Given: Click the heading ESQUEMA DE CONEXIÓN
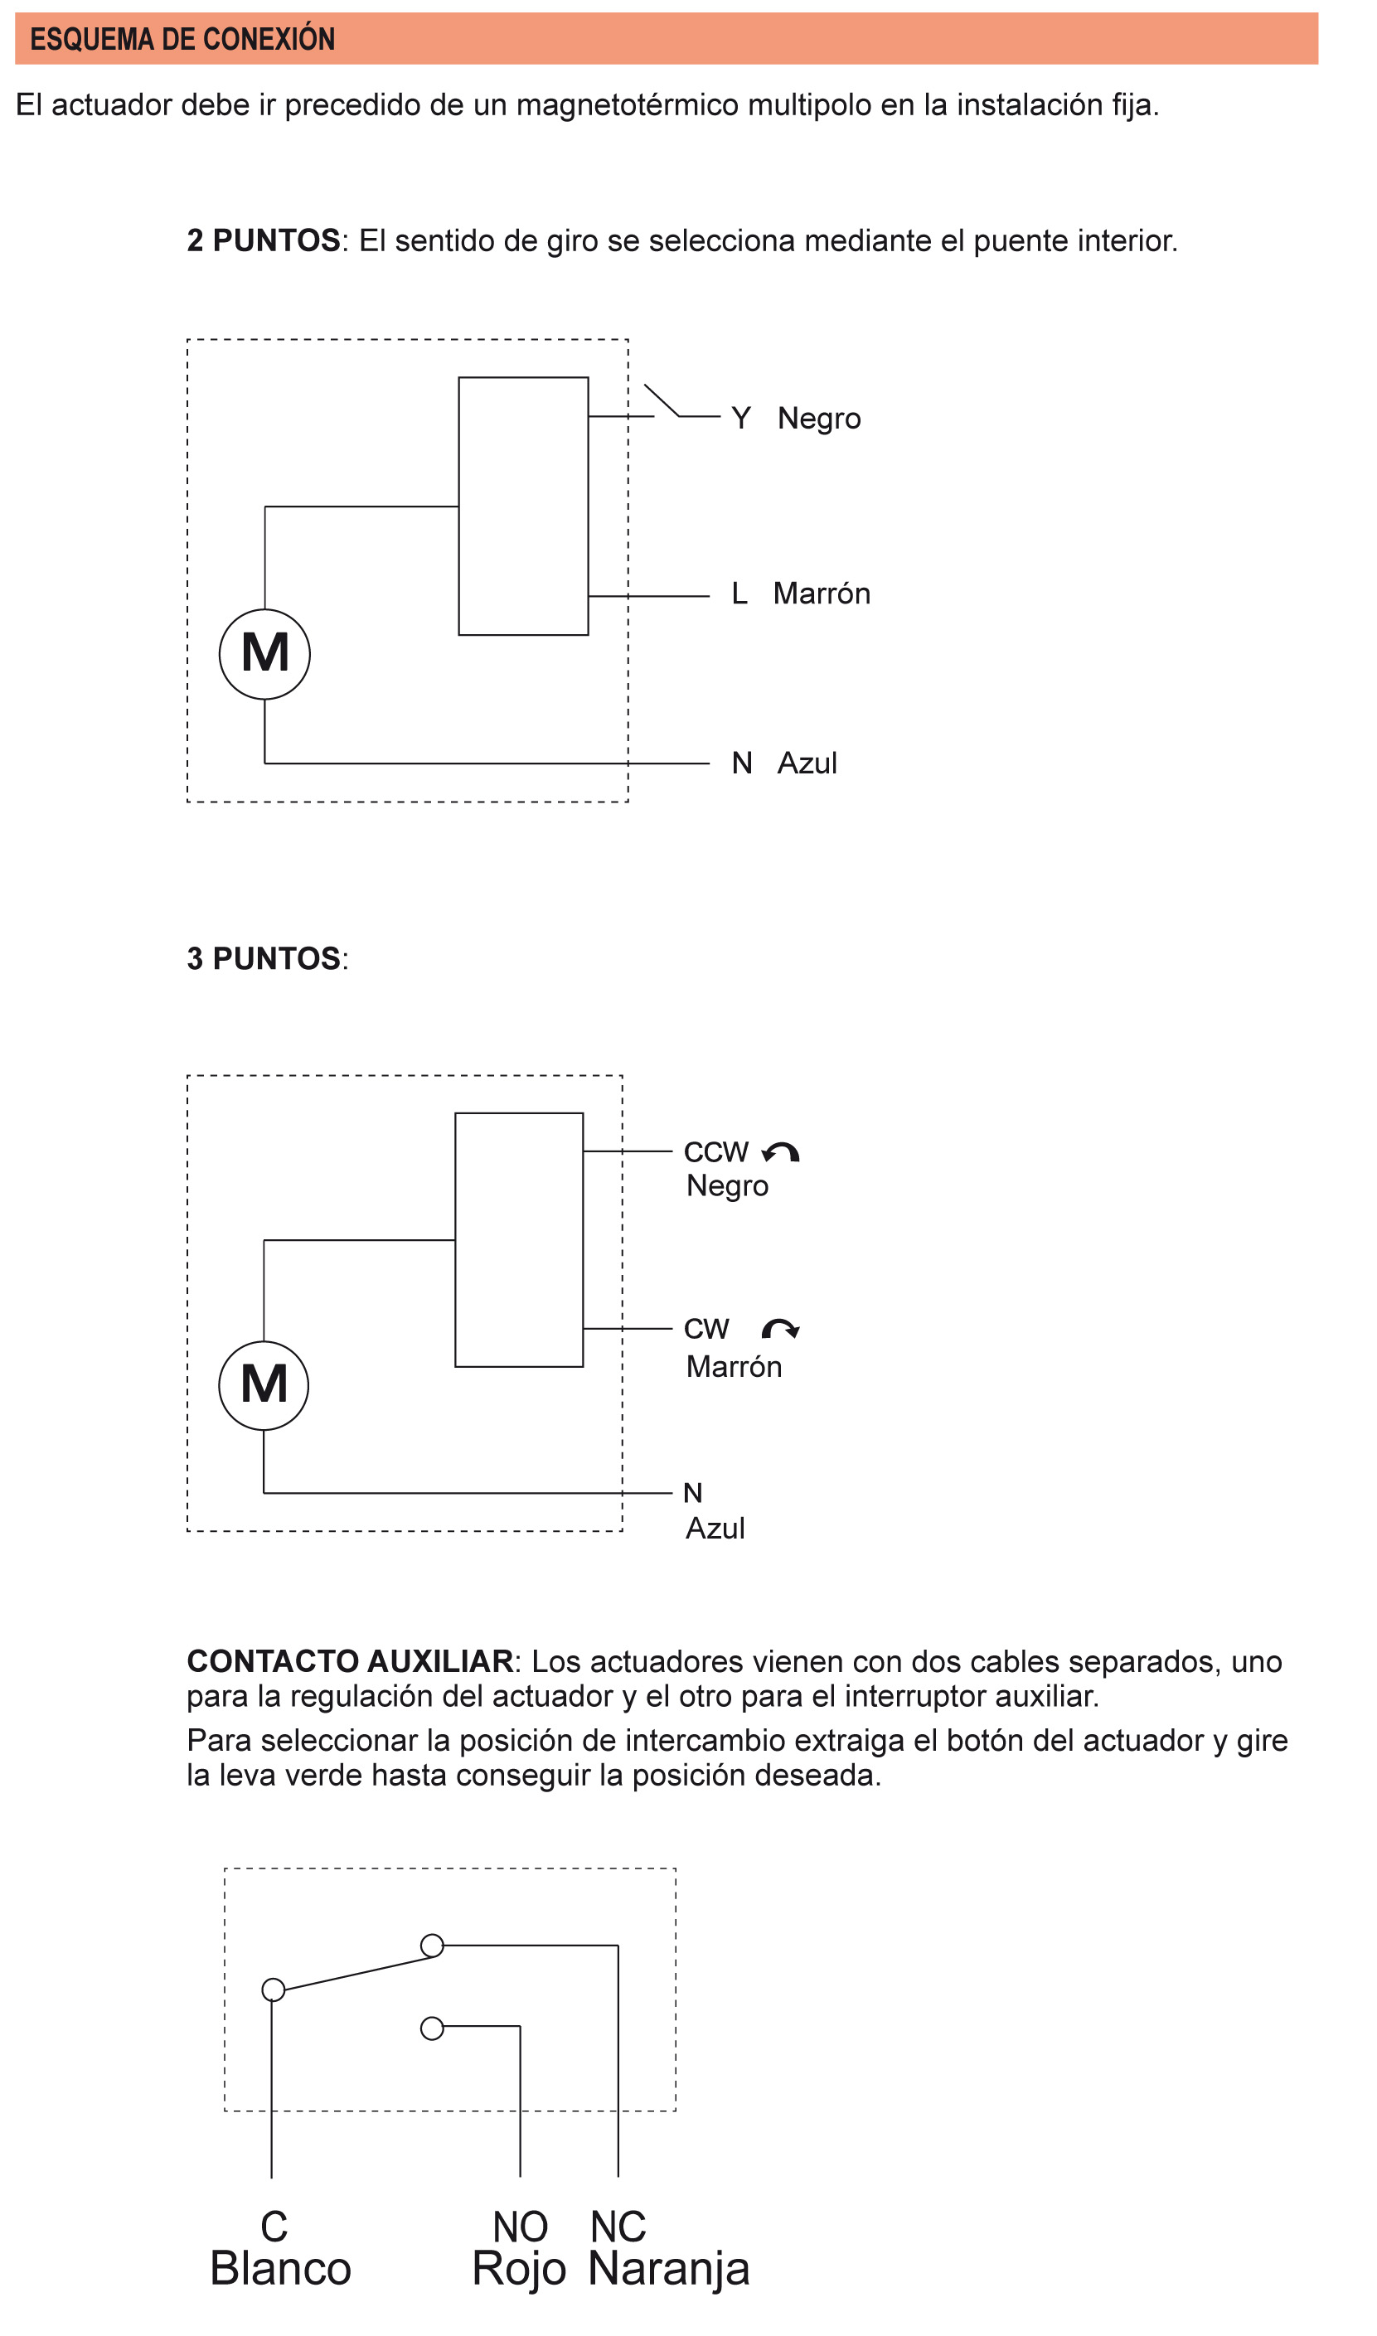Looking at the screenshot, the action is tap(182, 39).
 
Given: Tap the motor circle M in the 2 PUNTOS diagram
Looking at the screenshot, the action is tap(265, 655).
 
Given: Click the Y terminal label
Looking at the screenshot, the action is tap(741, 419).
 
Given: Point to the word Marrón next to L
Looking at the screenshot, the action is tap(823, 594).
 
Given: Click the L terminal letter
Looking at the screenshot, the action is tap(740, 594).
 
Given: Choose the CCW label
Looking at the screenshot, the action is tap(717, 1153).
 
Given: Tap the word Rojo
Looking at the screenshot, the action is tap(520, 2271).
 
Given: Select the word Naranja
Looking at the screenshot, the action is tap(670, 2271).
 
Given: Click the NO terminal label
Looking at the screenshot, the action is tap(521, 2227).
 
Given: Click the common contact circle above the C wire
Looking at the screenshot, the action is tap(274, 1993).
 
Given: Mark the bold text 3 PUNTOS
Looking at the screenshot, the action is tap(264, 960).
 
